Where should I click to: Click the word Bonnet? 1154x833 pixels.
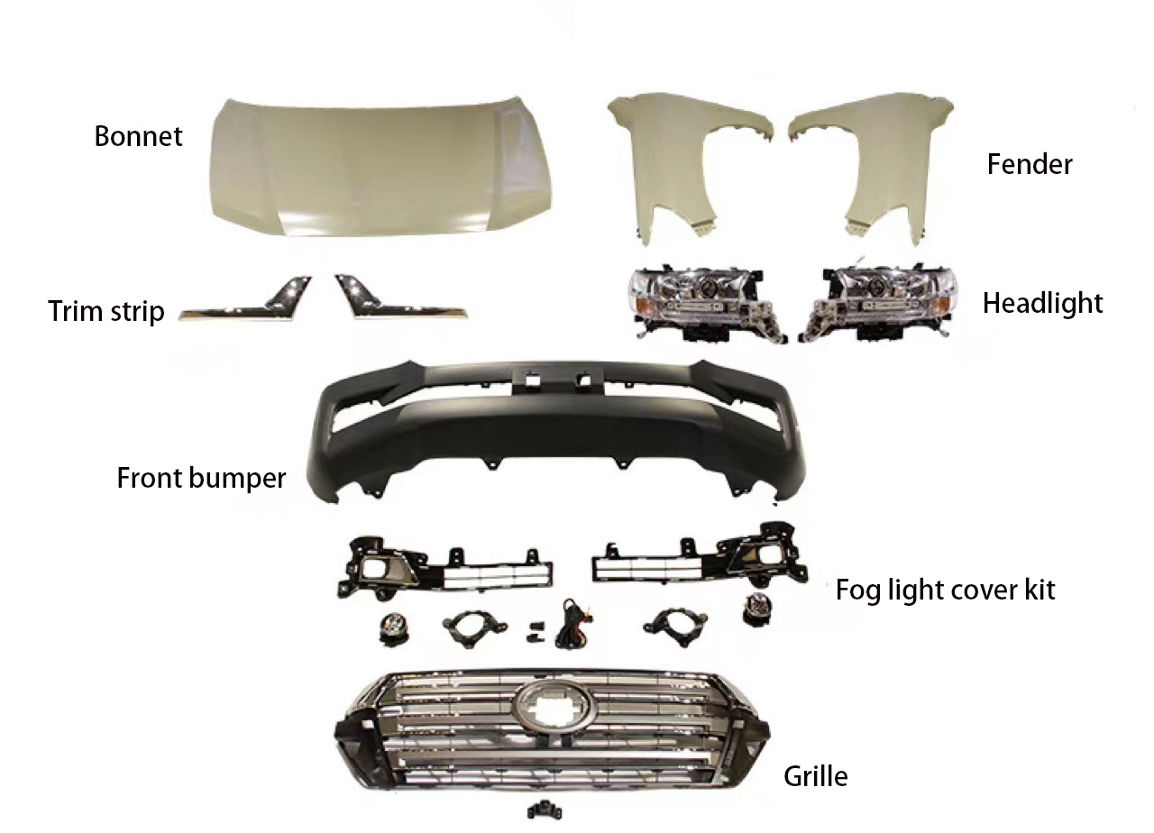(138, 136)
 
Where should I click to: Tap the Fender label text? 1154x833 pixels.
(1030, 164)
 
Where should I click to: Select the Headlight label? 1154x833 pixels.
(1042, 303)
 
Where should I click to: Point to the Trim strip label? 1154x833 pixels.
(106, 312)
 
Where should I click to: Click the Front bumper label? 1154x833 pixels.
(201, 477)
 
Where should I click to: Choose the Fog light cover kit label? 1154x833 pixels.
(945, 590)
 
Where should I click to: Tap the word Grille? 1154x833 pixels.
(815, 775)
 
